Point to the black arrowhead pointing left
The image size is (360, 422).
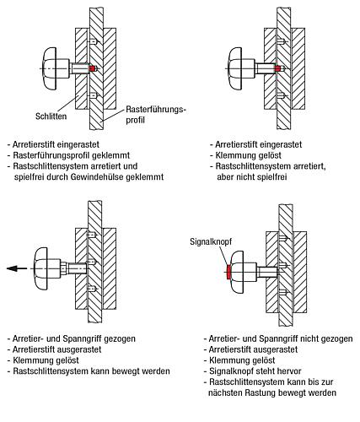click(x=9, y=268)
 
